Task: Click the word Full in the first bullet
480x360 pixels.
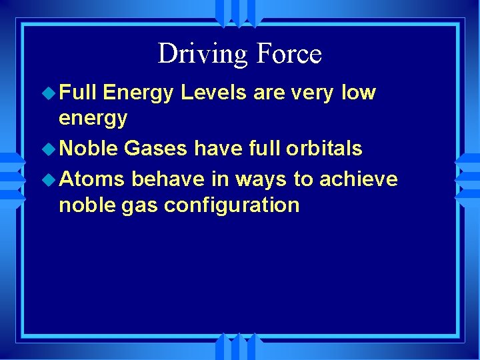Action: [x=78, y=93]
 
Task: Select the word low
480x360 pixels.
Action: [x=359, y=93]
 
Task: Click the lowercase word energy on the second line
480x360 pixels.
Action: [x=93, y=119]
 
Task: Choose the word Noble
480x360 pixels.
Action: [x=88, y=149]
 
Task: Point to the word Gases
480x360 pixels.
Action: [x=156, y=149]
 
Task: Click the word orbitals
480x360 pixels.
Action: [x=325, y=149]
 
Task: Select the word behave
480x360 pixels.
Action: [x=166, y=179]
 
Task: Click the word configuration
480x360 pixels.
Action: [x=231, y=205]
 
